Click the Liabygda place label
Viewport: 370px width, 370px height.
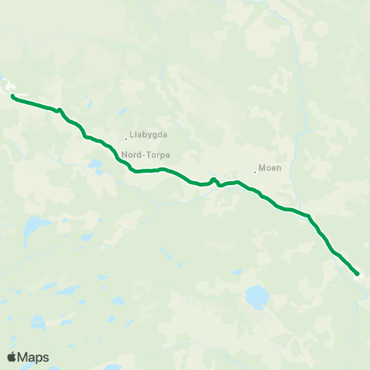coord(149,134)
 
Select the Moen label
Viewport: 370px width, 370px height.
coord(270,167)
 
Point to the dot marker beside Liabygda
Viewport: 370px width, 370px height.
coord(126,139)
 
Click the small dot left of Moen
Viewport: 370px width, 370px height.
coord(254,172)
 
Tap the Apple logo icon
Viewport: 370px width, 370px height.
coord(12,357)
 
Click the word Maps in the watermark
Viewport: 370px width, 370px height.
coord(34,357)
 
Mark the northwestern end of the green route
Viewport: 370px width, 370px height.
coord(12,96)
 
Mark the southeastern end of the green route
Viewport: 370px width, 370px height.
coord(358,274)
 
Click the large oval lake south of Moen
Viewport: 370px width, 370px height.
coord(257,296)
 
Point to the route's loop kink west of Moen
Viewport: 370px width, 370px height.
coord(214,180)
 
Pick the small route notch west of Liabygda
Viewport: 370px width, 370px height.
coord(58,109)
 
